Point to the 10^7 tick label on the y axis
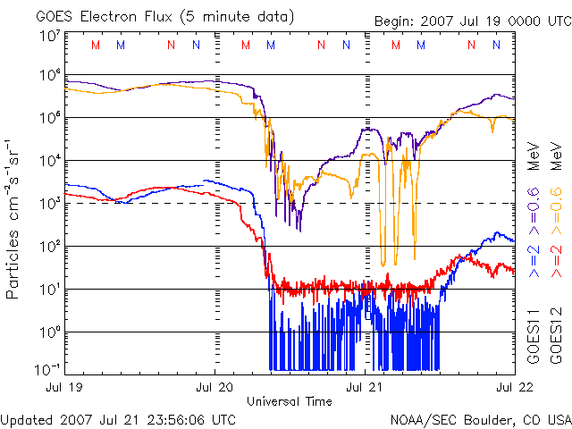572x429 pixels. (50, 36)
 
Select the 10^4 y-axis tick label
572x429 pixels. (50, 161)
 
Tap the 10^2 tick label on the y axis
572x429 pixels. (50, 246)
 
